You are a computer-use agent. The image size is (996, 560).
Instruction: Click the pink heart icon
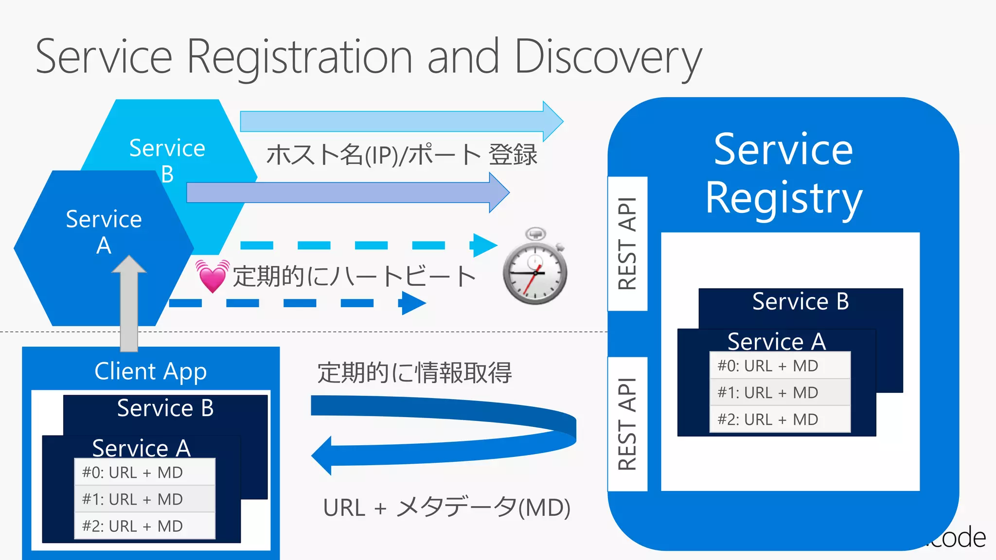213,276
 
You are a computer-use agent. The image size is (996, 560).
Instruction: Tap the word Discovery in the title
608,57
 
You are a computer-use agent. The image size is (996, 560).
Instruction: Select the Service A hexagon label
104,232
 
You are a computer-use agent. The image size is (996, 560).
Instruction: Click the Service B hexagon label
167,160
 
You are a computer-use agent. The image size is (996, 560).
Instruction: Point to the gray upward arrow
129,304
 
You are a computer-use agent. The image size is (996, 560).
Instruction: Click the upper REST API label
627,244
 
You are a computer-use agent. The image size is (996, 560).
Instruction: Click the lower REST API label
627,424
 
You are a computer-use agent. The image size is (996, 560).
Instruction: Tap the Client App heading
151,371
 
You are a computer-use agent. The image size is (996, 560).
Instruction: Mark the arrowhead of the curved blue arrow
322,455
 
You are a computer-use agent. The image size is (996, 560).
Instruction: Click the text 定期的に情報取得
414,373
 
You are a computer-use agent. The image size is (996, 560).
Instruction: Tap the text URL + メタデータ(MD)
446,507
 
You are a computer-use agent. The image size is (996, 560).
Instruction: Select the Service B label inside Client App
165,408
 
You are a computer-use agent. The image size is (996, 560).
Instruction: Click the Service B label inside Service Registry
800,301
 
